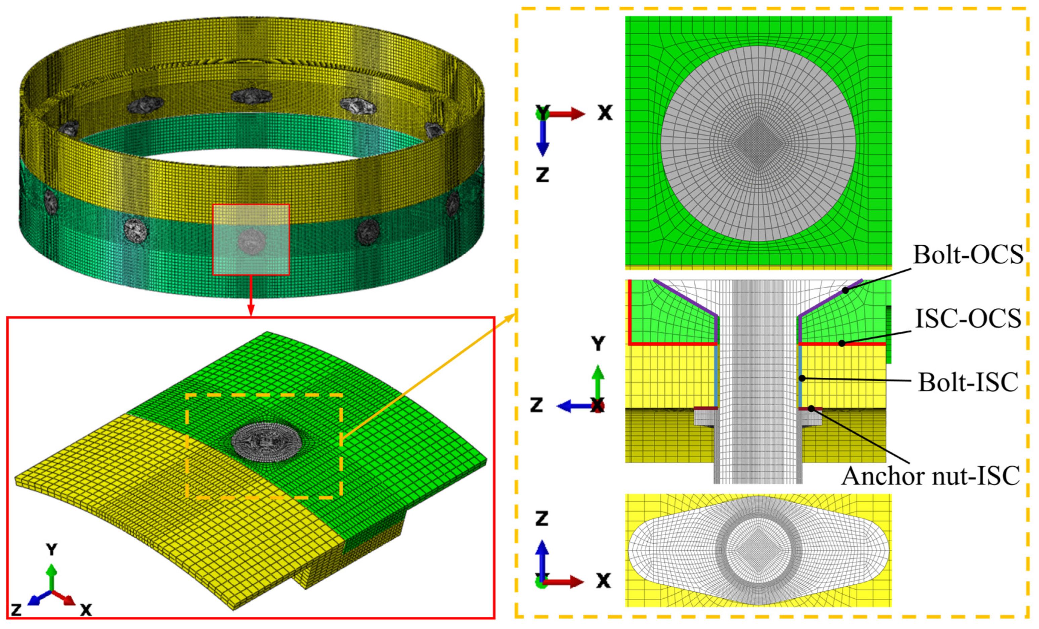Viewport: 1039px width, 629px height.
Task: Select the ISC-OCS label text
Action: point(968,319)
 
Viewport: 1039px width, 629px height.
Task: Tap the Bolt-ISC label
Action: point(968,382)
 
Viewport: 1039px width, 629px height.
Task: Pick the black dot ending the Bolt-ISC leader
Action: point(802,378)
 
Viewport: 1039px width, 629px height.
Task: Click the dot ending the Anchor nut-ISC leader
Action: point(811,408)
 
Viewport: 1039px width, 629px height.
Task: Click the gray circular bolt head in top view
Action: point(758,143)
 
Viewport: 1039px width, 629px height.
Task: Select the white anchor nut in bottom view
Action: point(758,550)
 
